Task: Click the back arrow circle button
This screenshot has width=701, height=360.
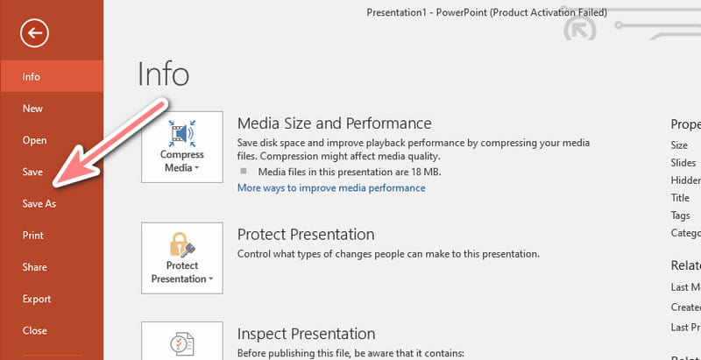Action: coord(36,33)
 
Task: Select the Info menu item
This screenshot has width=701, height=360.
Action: coord(32,76)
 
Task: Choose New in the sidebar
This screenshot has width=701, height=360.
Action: coord(32,109)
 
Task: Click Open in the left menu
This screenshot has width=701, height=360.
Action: coord(34,140)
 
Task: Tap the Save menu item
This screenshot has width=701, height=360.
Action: coord(32,172)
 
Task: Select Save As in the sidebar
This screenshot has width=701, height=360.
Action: coord(39,204)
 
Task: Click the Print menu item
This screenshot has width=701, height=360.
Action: coord(33,236)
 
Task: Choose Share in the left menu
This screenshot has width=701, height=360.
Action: coord(35,267)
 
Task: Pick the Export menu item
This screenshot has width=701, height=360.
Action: coord(37,299)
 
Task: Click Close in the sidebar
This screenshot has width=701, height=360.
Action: coord(34,331)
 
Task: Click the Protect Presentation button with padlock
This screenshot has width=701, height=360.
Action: coord(181,258)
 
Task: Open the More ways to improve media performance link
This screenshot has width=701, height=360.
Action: coord(331,187)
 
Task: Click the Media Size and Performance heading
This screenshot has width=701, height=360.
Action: coord(334,124)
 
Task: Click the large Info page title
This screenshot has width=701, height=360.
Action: coord(163,74)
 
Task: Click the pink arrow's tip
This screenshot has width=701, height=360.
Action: coord(53,185)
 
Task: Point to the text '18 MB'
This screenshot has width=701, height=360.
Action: coord(428,172)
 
